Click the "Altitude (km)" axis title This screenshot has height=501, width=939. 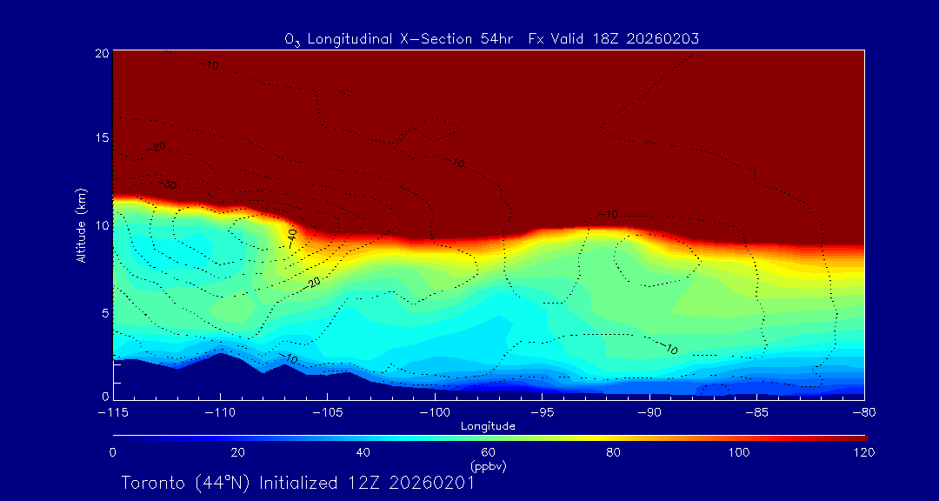(81, 224)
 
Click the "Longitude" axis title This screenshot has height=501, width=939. (488, 426)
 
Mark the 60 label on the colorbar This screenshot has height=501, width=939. (489, 452)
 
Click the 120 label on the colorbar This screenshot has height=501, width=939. (863, 452)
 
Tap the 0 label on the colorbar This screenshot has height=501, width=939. (113, 452)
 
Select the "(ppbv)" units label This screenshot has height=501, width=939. (489, 466)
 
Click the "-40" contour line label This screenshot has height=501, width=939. (292, 237)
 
